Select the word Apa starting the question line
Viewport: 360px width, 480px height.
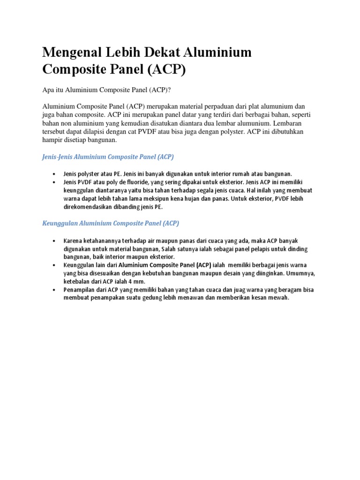click(48, 90)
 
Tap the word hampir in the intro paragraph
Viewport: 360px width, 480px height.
click(52, 140)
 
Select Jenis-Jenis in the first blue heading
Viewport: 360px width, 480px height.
click(58, 157)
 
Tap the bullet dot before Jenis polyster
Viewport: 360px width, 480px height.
click(56, 174)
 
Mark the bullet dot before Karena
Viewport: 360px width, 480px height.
click(56, 241)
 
